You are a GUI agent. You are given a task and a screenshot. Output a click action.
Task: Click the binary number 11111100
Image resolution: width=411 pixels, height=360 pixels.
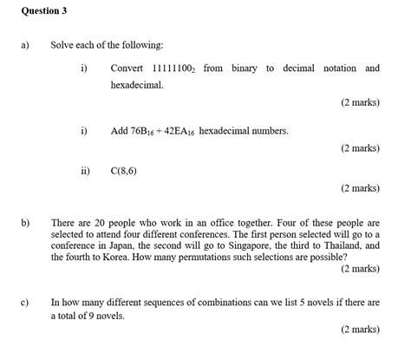(x=173, y=68)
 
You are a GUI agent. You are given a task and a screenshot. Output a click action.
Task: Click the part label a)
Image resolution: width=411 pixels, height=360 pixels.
(x=13, y=43)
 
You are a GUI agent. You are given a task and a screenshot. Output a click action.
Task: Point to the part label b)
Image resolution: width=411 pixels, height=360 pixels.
(x=13, y=223)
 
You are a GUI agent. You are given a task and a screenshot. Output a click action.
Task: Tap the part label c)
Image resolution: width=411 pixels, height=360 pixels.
(x=13, y=303)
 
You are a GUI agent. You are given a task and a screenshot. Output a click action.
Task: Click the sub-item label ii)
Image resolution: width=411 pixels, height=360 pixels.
(x=85, y=171)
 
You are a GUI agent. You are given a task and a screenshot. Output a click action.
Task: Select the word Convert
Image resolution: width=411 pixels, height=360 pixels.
(x=127, y=68)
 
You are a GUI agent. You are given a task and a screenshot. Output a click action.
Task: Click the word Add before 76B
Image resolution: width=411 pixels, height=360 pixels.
(x=120, y=131)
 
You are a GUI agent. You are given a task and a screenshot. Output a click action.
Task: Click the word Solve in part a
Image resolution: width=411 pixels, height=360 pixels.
(x=62, y=43)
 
